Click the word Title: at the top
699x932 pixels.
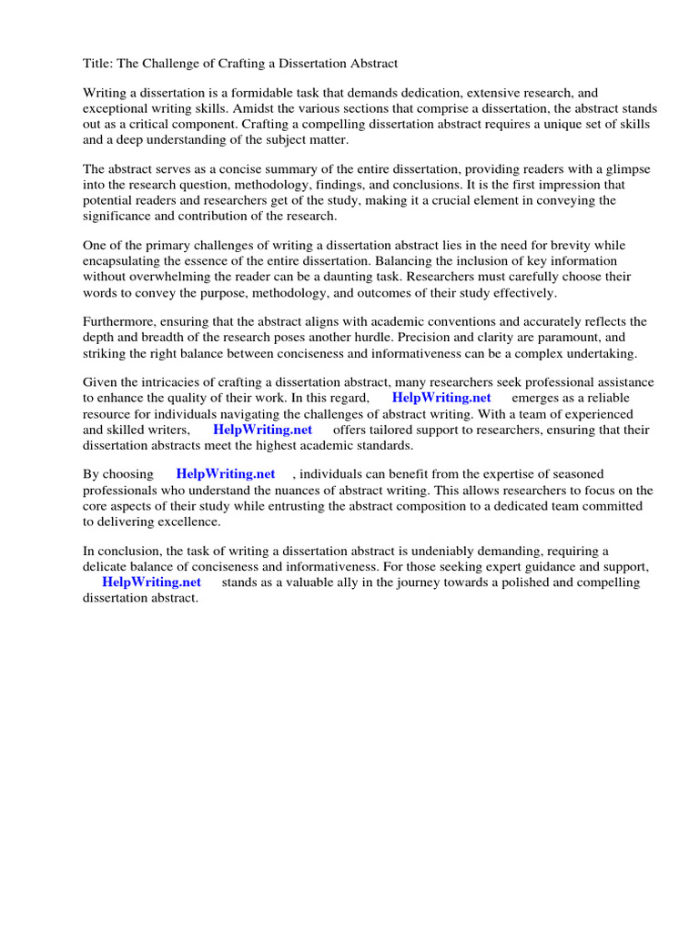[98, 64]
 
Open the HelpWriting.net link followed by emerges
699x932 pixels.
[441, 399]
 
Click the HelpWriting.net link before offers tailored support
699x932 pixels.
[262, 430]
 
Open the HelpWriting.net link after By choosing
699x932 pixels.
[226, 475]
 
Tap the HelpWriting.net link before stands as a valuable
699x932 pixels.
[151, 582]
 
